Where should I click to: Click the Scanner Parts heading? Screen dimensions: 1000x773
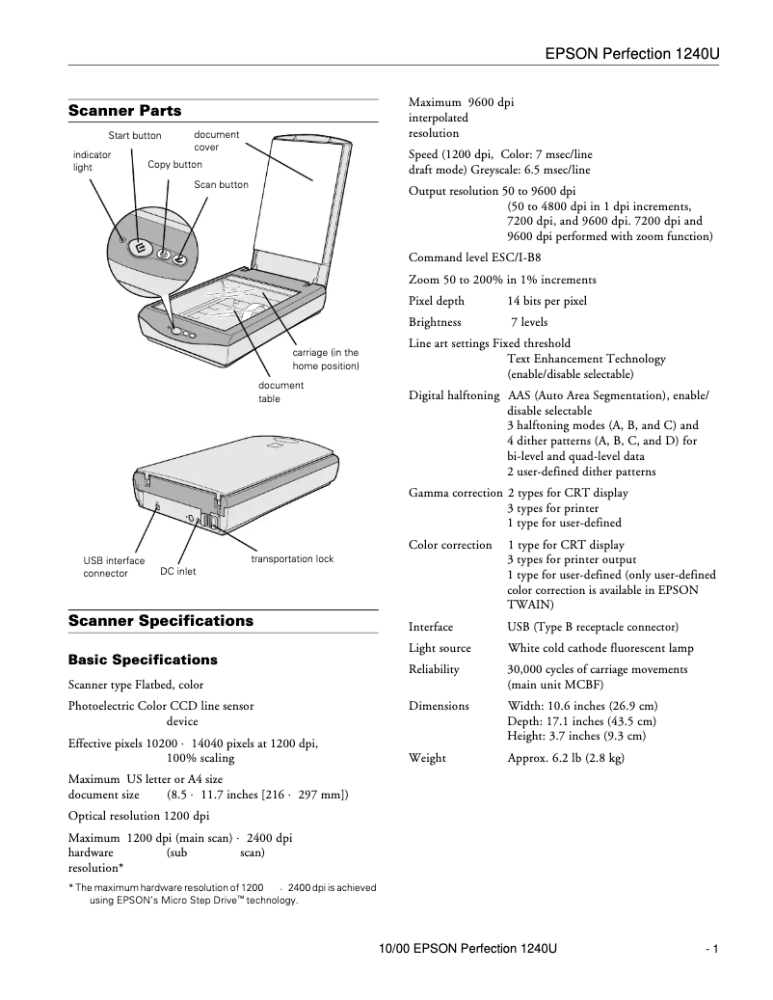pyautogui.click(x=124, y=111)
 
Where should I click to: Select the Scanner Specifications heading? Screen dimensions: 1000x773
pyautogui.click(x=161, y=621)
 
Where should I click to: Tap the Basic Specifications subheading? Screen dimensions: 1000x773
pyautogui.click(x=143, y=661)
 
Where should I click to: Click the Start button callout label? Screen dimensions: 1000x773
pyautogui.click(x=135, y=136)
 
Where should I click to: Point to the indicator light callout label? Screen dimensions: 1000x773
pyautogui.click(x=92, y=160)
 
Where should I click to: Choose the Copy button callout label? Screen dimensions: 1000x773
pyautogui.click(x=174, y=165)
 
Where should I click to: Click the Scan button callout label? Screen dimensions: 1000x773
pyautogui.click(x=221, y=185)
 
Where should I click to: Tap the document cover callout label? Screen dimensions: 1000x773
pyautogui.click(x=216, y=141)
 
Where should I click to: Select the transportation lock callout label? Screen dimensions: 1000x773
pyautogui.click(x=292, y=559)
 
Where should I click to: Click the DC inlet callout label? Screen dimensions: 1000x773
pyautogui.click(x=177, y=572)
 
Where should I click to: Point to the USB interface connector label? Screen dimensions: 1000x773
pyautogui.click(x=114, y=567)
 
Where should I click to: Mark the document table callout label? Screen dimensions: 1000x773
pyautogui.click(x=280, y=392)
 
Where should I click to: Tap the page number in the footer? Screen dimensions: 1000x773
pyautogui.click(x=712, y=950)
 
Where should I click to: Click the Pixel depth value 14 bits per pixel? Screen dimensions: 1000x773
pyautogui.click(x=546, y=301)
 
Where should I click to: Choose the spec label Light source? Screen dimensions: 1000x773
pyautogui.click(x=440, y=649)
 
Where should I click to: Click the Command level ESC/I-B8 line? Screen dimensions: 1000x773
pyautogui.click(x=474, y=258)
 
